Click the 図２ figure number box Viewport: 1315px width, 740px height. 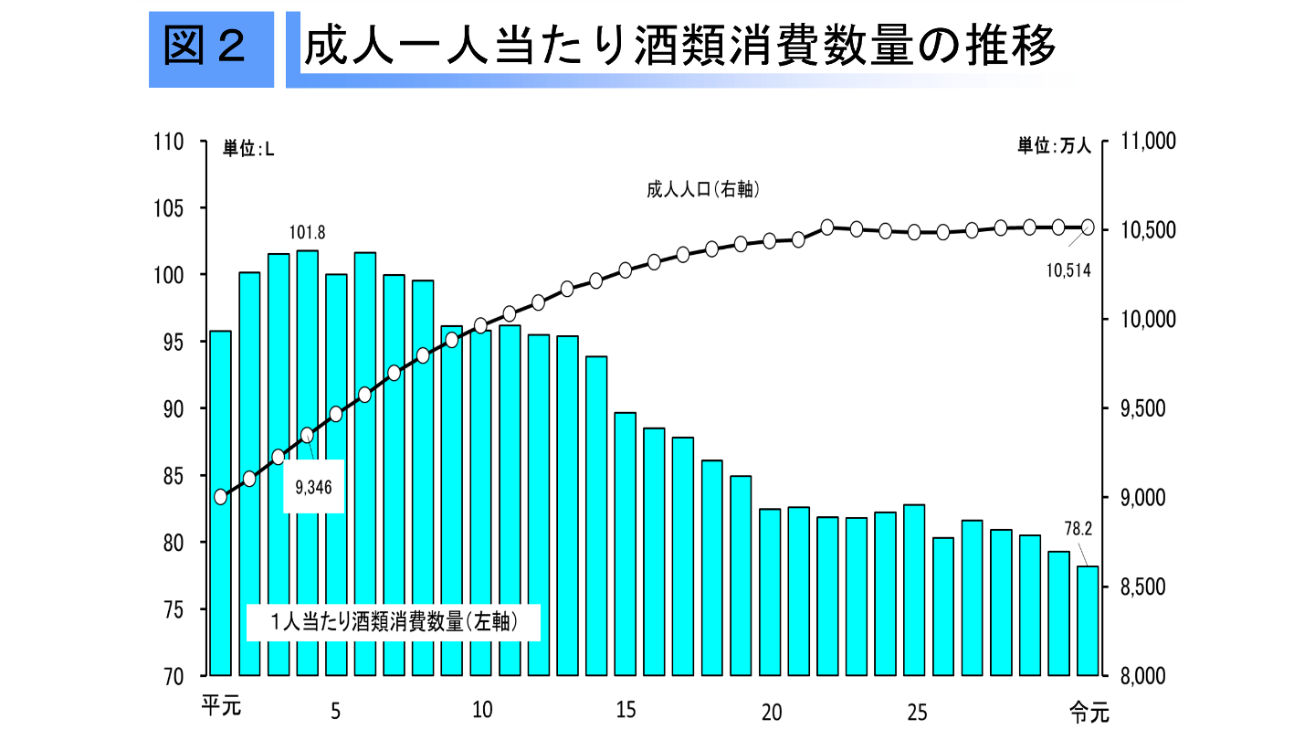(211, 49)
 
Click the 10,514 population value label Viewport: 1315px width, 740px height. (1068, 270)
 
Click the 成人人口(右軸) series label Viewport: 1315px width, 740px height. (703, 190)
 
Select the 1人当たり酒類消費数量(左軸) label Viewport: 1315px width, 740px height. (394, 622)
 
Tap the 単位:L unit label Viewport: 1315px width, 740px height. (248, 149)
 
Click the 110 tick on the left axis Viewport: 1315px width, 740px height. (171, 142)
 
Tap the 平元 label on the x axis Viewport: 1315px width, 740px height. (220, 706)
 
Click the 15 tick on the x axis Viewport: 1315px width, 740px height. (626, 710)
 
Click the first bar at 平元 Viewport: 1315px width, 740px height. (220, 502)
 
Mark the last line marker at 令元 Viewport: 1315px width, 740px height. (1088, 227)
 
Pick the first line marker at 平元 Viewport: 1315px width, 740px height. (220, 497)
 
